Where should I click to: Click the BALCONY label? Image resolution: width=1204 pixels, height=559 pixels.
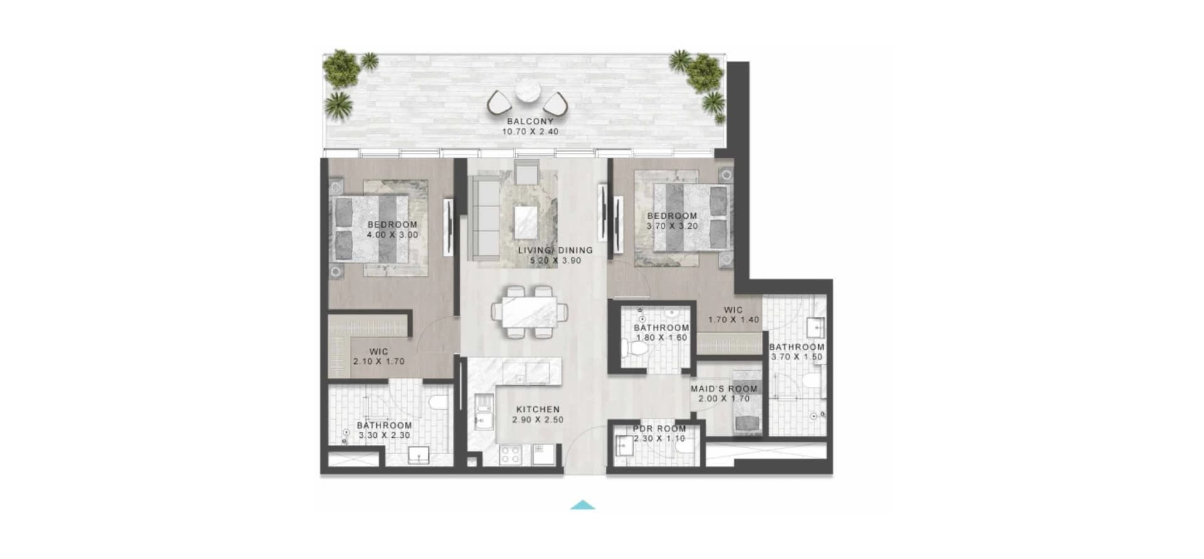click(530, 121)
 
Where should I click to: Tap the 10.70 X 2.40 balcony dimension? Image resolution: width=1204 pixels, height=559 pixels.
click(530, 132)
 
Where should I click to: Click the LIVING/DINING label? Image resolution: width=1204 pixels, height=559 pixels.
click(555, 250)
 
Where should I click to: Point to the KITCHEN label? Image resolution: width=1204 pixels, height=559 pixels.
click(538, 409)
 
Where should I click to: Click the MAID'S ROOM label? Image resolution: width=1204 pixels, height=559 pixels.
click(724, 388)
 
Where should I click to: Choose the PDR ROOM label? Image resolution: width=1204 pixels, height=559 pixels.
click(659, 429)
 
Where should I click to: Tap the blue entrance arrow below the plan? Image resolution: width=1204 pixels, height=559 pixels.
click(583, 504)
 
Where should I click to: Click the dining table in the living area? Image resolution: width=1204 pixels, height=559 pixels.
click(531, 312)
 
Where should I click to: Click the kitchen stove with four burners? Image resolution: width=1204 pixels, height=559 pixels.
click(511, 454)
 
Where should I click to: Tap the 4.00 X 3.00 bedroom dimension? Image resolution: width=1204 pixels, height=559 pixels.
click(393, 235)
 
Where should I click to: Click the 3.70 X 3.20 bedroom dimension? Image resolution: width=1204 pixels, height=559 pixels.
click(672, 226)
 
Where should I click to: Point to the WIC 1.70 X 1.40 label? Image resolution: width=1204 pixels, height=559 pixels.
click(734, 314)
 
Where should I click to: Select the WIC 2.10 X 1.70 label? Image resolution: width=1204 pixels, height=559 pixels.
click(379, 356)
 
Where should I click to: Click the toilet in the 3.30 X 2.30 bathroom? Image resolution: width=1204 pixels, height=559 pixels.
click(438, 402)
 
